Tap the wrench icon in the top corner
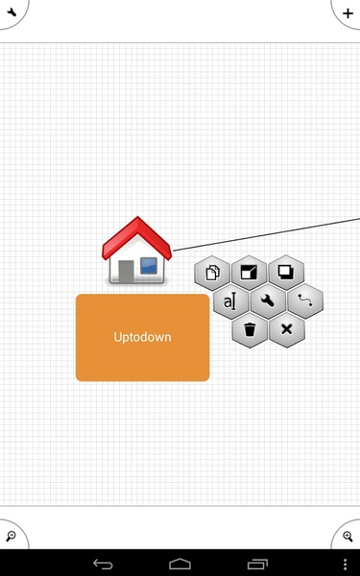coord(12,12)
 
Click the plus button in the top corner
coord(348,13)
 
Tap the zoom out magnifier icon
coord(11,536)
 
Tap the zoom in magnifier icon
coord(348,536)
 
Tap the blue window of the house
coord(149,266)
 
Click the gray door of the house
coord(126,272)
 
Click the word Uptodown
coord(142,337)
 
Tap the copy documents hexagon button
coord(212,273)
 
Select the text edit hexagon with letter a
coord(230,301)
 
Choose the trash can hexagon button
coord(250,329)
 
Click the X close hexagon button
coord(286,329)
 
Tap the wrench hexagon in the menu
coord(268,301)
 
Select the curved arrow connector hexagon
coord(305,300)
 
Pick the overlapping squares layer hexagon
coord(286,273)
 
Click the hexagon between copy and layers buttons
coord(249,273)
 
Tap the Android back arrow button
coord(103,564)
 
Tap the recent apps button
coord(257,564)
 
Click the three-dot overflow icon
coord(345,564)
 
